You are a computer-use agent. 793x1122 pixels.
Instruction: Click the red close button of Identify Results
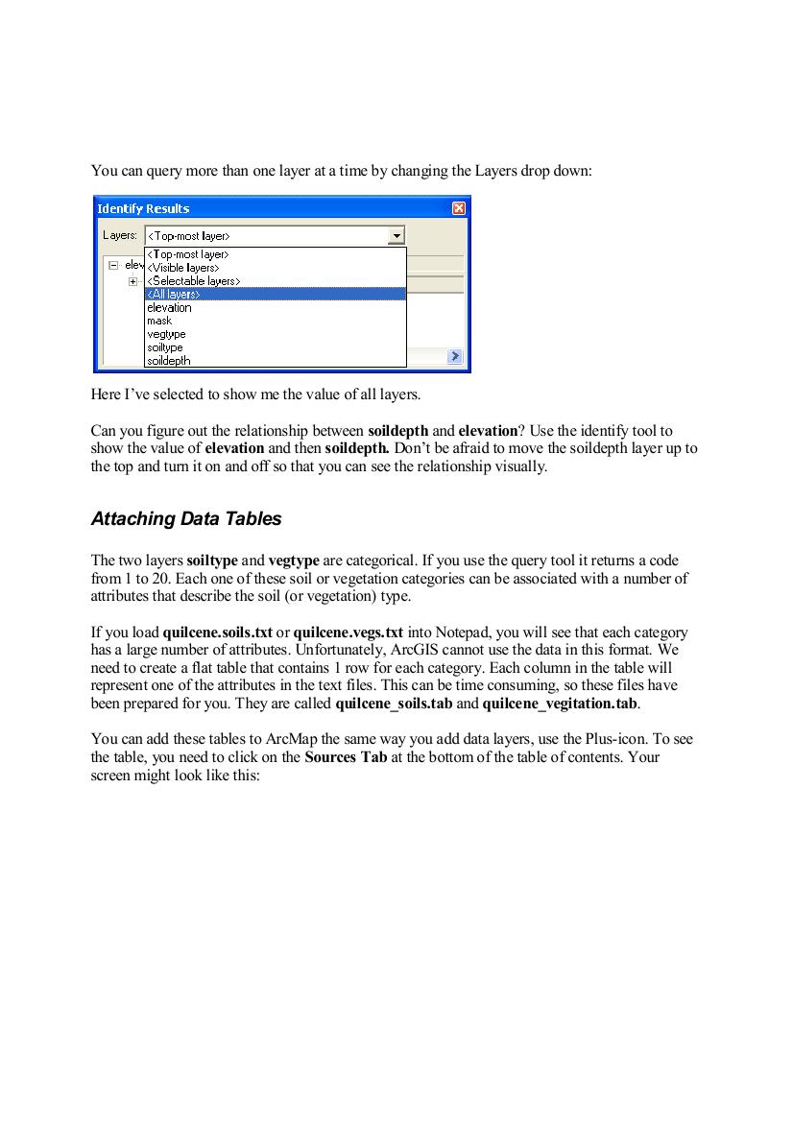(x=459, y=208)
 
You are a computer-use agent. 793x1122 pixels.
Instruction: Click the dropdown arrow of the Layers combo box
(x=396, y=235)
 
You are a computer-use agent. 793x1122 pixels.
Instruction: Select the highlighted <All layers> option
(x=174, y=295)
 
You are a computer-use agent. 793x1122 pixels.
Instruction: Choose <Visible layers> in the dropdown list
(x=183, y=268)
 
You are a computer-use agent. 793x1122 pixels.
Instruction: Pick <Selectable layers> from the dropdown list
(x=193, y=281)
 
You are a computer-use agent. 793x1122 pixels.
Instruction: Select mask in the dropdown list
(x=159, y=322)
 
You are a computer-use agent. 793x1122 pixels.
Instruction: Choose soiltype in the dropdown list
(x=165, y=347)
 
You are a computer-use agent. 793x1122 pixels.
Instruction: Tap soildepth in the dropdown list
(x=169, y=361)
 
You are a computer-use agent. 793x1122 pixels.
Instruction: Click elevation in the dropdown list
(x=169, y=308)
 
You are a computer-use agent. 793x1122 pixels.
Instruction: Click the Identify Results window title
(x=144, y=208)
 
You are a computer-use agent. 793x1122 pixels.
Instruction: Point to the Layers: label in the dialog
(x=120, y=235)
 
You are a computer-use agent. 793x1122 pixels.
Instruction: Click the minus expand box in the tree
(x=113, y=265)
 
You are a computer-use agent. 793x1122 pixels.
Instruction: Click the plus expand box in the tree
(x=133, y=281)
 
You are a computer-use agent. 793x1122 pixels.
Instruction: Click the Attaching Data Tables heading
(x=186, y=519)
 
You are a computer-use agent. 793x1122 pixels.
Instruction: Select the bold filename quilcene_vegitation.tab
(x=560, y=704)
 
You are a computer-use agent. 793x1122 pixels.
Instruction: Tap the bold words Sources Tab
(x=346, y=757)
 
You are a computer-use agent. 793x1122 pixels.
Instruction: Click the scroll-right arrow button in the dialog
(x=454, y=356)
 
